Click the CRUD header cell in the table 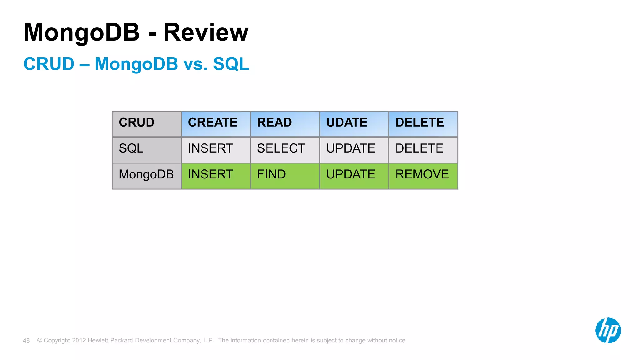pyautogui.click(x=147, y=124)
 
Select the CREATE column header pyautogui.click(x=216, y=124)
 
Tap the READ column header pyautogui.click(x=285, y=124)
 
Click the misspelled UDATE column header pyautogui.click(x=354, y=124)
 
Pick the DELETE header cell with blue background pyautogui.click(x=423, y=124)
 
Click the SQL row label pyautogui.click(x=147, y=150)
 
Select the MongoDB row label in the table pyautogui.click(x=147, y=176)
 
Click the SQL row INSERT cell pyautogui.click(x=216, y=150)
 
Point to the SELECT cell pyautogui.click(x=285, y=150)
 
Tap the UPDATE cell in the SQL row pyautogui.click(x=354, y=150)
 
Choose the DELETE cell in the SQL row pyautogui.click(x=423, y=150)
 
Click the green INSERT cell pyautogui.click(x=216, y=176)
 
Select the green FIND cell pyautogui.click(x=285, y=176)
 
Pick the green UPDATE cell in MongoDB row pyautogui.click(x=354, y=176)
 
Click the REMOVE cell pyautogui.click(x=423, y=176)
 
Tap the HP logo pyautogui.click(x=608, y=330)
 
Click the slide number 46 pyautogui.click(x=26, y=341)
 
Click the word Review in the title pyautogui.click(x=206, y=32)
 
